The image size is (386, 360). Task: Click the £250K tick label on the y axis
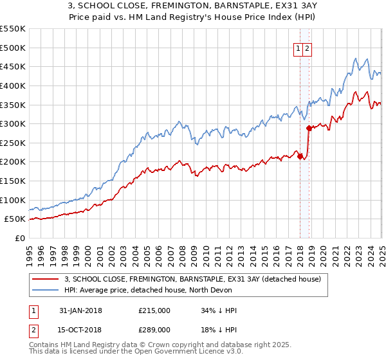(x=13, y=143)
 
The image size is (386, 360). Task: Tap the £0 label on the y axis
(x=20, y=238)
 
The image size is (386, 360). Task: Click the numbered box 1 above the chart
(x=299, y=49)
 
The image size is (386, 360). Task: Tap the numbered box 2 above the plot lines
(x=308, y=49)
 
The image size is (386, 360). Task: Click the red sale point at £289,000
(x=309, y=128)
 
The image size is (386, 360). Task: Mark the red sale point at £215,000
(x=300, y=156)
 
